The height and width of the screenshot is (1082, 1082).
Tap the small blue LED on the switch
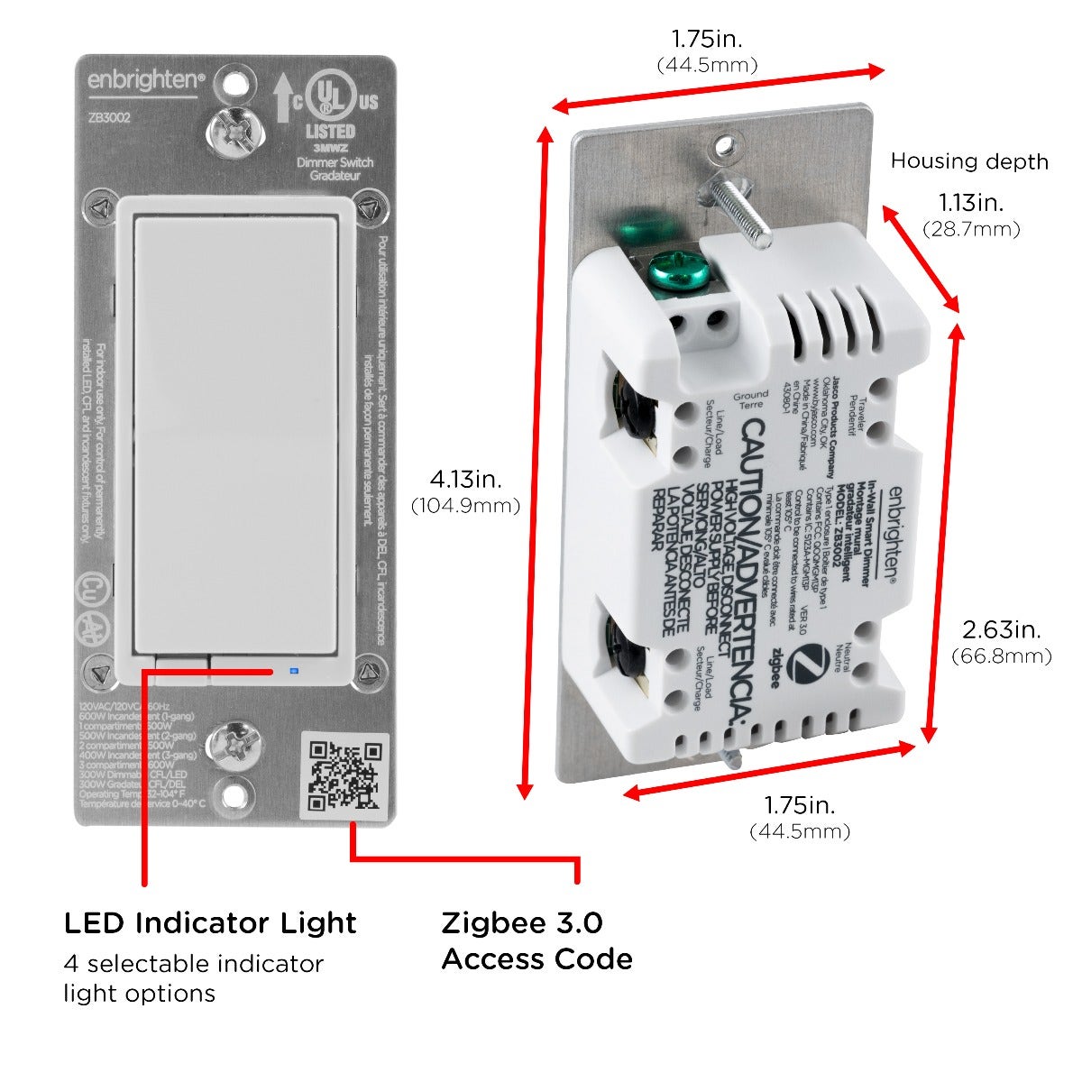coord(291,671)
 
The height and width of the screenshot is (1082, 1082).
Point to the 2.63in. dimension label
coord(1002,629)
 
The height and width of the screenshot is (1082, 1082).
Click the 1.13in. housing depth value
coord(971,203)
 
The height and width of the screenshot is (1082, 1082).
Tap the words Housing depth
coord(969,161)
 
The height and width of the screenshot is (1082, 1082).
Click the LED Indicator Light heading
coord(210,922)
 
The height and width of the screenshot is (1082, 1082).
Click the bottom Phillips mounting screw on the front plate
coord(231,744)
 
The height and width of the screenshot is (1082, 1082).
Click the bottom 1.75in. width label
coord(800,804)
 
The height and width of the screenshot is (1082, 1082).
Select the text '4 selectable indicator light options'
coord(193,978)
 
